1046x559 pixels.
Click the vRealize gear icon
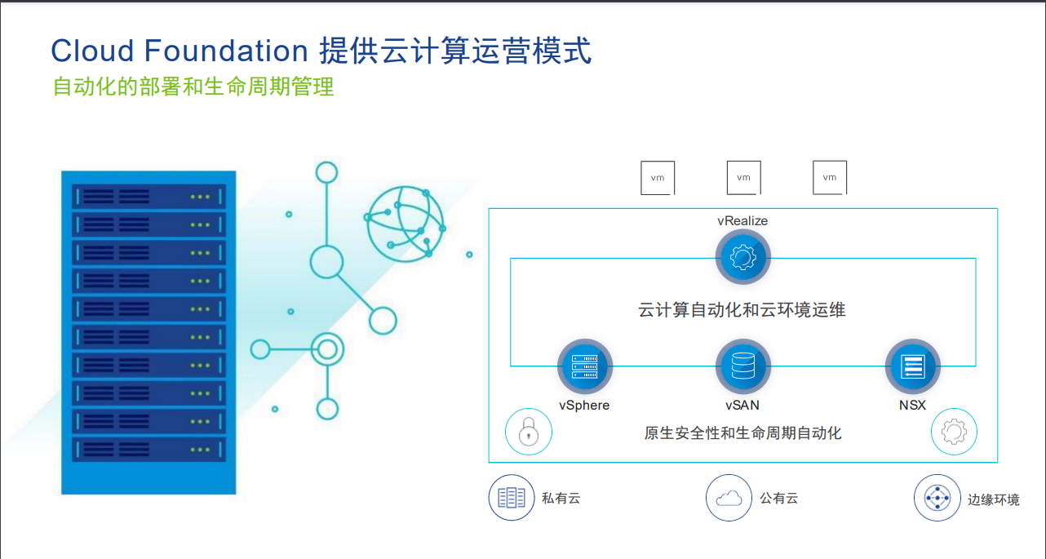(x=743, y=257)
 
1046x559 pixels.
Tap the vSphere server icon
(x=585, y=366)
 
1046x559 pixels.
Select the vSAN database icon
(x=743, y=366)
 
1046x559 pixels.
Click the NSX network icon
(x=912, y=366)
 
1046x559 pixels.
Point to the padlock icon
(x=529, y=432)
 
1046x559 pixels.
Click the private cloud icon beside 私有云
(x=512, y=497)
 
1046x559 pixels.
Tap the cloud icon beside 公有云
(x=729, y=497)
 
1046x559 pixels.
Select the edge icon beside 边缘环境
(x=937, y=498)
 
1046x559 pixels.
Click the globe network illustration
(x=405, y=224)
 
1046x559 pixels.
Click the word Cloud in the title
(x=92, y=51)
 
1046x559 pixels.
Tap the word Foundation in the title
(x=226, y=51)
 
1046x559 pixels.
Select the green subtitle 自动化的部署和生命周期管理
(x=193, y=87)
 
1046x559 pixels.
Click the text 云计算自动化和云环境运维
(x=742, y=310)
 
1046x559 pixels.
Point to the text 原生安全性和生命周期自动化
(x=743, y=433)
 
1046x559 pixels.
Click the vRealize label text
(x=742, y=220)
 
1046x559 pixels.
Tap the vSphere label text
(x=584, y=406)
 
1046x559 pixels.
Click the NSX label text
(x=912, y=405)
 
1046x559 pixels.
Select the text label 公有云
(x=779, y=499)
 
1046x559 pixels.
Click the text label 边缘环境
(x=993, y=499)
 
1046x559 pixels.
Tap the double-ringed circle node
(x=327, y=349)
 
